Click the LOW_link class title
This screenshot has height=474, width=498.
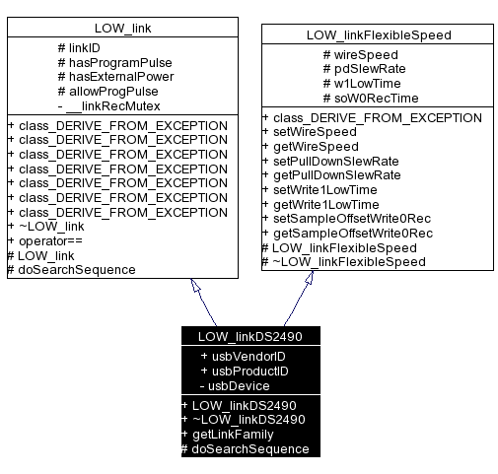pyautogui.click(x=122, y=28)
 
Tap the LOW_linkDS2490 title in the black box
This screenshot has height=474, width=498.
pyautogui.click(x=249, y=337)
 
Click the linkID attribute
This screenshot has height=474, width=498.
pyautogui.click(x=86, y=47)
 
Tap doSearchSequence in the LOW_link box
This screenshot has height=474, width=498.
pyautogui.click(x=71, y=269)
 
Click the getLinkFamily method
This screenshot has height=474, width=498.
pyautogui.click(x=232, y=434)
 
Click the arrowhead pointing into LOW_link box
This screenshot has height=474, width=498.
pyautogui.click(x=196, y=287)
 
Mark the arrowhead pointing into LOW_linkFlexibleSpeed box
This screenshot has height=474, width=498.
pyautogui.click(x=310, y=279)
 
